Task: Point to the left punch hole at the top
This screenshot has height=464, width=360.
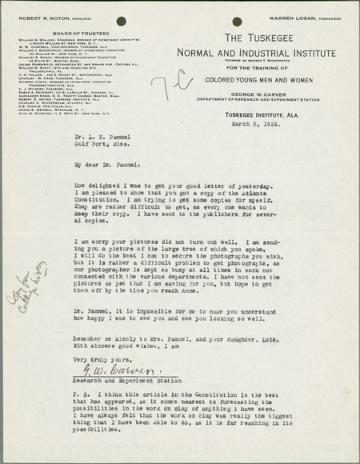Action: [x=121, y=21]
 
